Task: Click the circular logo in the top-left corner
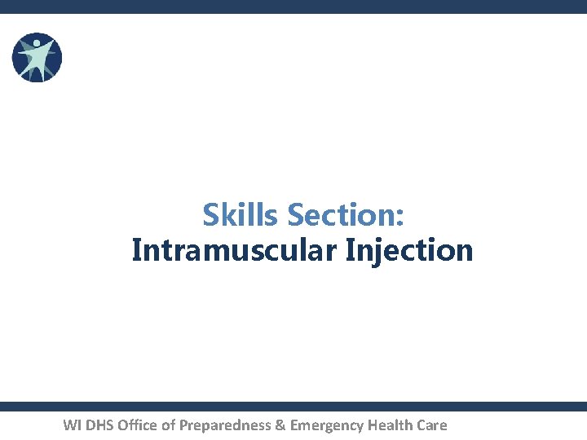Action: [37, 57]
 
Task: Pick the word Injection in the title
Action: [409, 250]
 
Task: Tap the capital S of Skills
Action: [211, 216]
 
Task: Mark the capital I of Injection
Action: [350, 250]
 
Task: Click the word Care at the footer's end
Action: [432, 425]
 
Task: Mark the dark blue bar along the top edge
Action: [293, 7]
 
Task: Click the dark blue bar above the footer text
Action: [293, 406]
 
